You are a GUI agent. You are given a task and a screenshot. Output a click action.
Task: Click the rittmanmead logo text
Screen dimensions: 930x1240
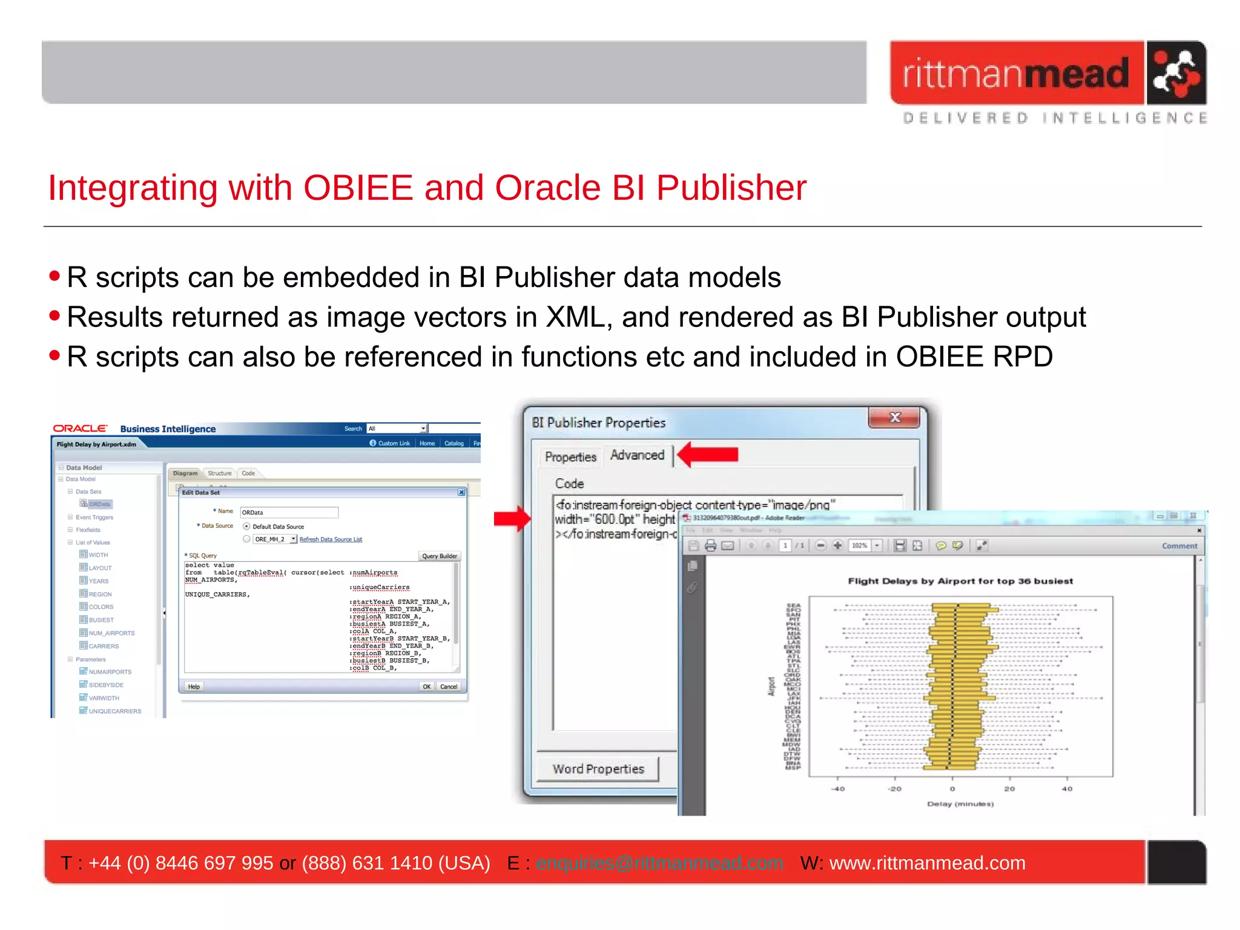(1016, 74)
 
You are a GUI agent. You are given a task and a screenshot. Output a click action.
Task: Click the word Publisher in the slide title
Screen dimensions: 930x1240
(731, 188)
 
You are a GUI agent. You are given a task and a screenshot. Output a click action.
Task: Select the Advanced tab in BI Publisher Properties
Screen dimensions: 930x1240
(637, 455)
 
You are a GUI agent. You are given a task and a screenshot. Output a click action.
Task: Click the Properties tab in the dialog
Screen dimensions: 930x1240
(570, 457)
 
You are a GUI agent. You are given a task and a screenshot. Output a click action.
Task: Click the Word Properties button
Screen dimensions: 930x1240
(598, 769)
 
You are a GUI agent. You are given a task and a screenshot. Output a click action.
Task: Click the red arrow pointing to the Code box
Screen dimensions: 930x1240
(512, 518)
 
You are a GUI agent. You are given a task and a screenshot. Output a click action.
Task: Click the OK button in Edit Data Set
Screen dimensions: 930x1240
(427, 687)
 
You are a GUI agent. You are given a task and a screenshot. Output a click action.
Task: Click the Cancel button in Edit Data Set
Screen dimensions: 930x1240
(449, 687)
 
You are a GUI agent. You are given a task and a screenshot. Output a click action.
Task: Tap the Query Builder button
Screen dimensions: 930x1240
(440, 556)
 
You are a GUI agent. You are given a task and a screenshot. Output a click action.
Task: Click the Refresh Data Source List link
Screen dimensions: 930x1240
(331, 539)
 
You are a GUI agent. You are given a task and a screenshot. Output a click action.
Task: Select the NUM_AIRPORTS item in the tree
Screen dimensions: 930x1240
(111, 633)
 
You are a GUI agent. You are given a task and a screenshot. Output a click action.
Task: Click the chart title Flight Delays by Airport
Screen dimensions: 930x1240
(960, 581)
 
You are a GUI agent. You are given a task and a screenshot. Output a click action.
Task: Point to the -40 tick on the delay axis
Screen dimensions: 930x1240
(838, 788)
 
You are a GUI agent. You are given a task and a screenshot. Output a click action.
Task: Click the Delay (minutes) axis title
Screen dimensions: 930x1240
(960, 804)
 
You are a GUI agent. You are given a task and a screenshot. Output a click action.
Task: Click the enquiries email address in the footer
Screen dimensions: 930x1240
(659, 863)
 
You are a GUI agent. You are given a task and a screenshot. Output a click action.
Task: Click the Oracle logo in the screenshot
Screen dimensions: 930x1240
(80, 429)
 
